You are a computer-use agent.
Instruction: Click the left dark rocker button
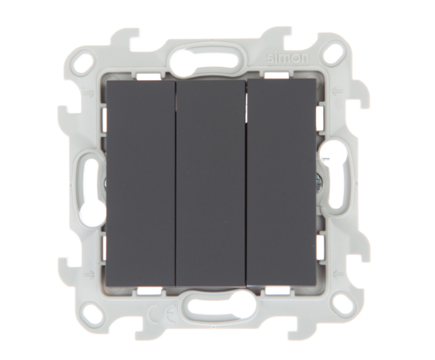point(141,180)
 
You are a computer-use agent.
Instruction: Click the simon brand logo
point(287,57)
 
